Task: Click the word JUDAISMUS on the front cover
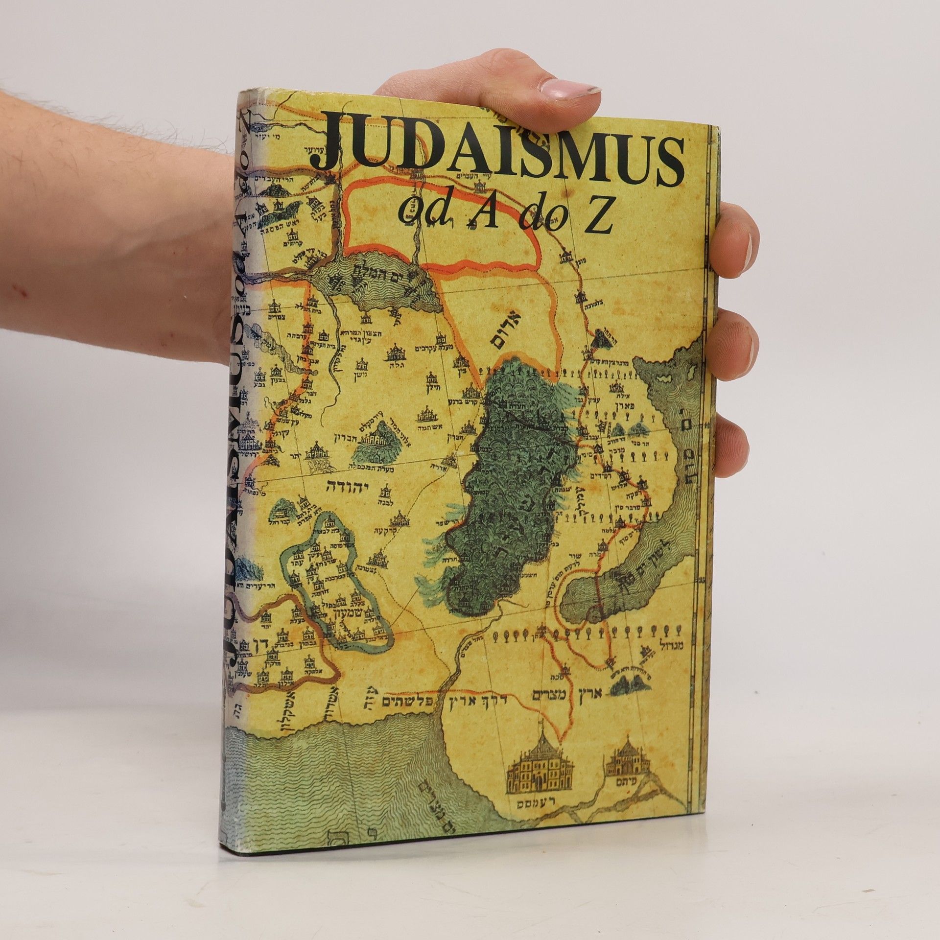pyautogui.click(x=494, y=149)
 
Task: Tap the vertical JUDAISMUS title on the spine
pyautogui.click(x=245, y=490)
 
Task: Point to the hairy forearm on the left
pyautogui.click(x=98, y=196)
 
